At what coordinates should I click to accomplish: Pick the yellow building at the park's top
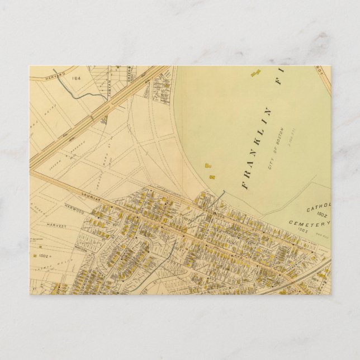pyautogui.click(x=257, y=73)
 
